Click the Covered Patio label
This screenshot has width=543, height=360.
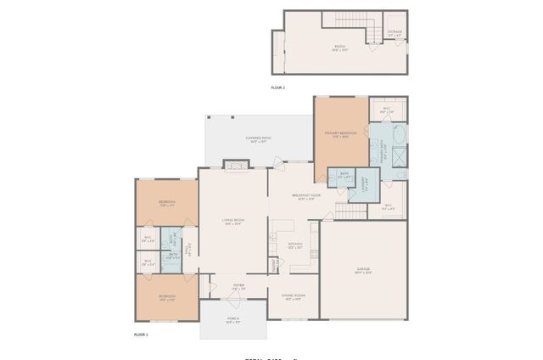(x=259, y=138)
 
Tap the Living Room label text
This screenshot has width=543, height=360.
(x=233, y=222)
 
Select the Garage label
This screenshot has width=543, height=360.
(x=362, y=271)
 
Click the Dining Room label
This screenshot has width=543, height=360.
(x=293, y=296)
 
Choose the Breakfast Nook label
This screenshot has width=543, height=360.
(x=305, y=197)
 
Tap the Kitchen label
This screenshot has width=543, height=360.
(x=294, y=246)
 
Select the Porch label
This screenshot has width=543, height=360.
(x=233, y=321)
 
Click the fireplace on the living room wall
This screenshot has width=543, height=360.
(x=235, y=164)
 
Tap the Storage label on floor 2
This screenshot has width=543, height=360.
(x=395, y=32)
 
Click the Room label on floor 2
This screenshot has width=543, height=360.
(x=339, y=49)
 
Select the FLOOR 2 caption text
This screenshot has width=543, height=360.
(x=278, y=87)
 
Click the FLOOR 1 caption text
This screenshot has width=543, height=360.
(x=141, y=335)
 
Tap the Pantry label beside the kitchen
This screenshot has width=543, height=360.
(x=273, y=265)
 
